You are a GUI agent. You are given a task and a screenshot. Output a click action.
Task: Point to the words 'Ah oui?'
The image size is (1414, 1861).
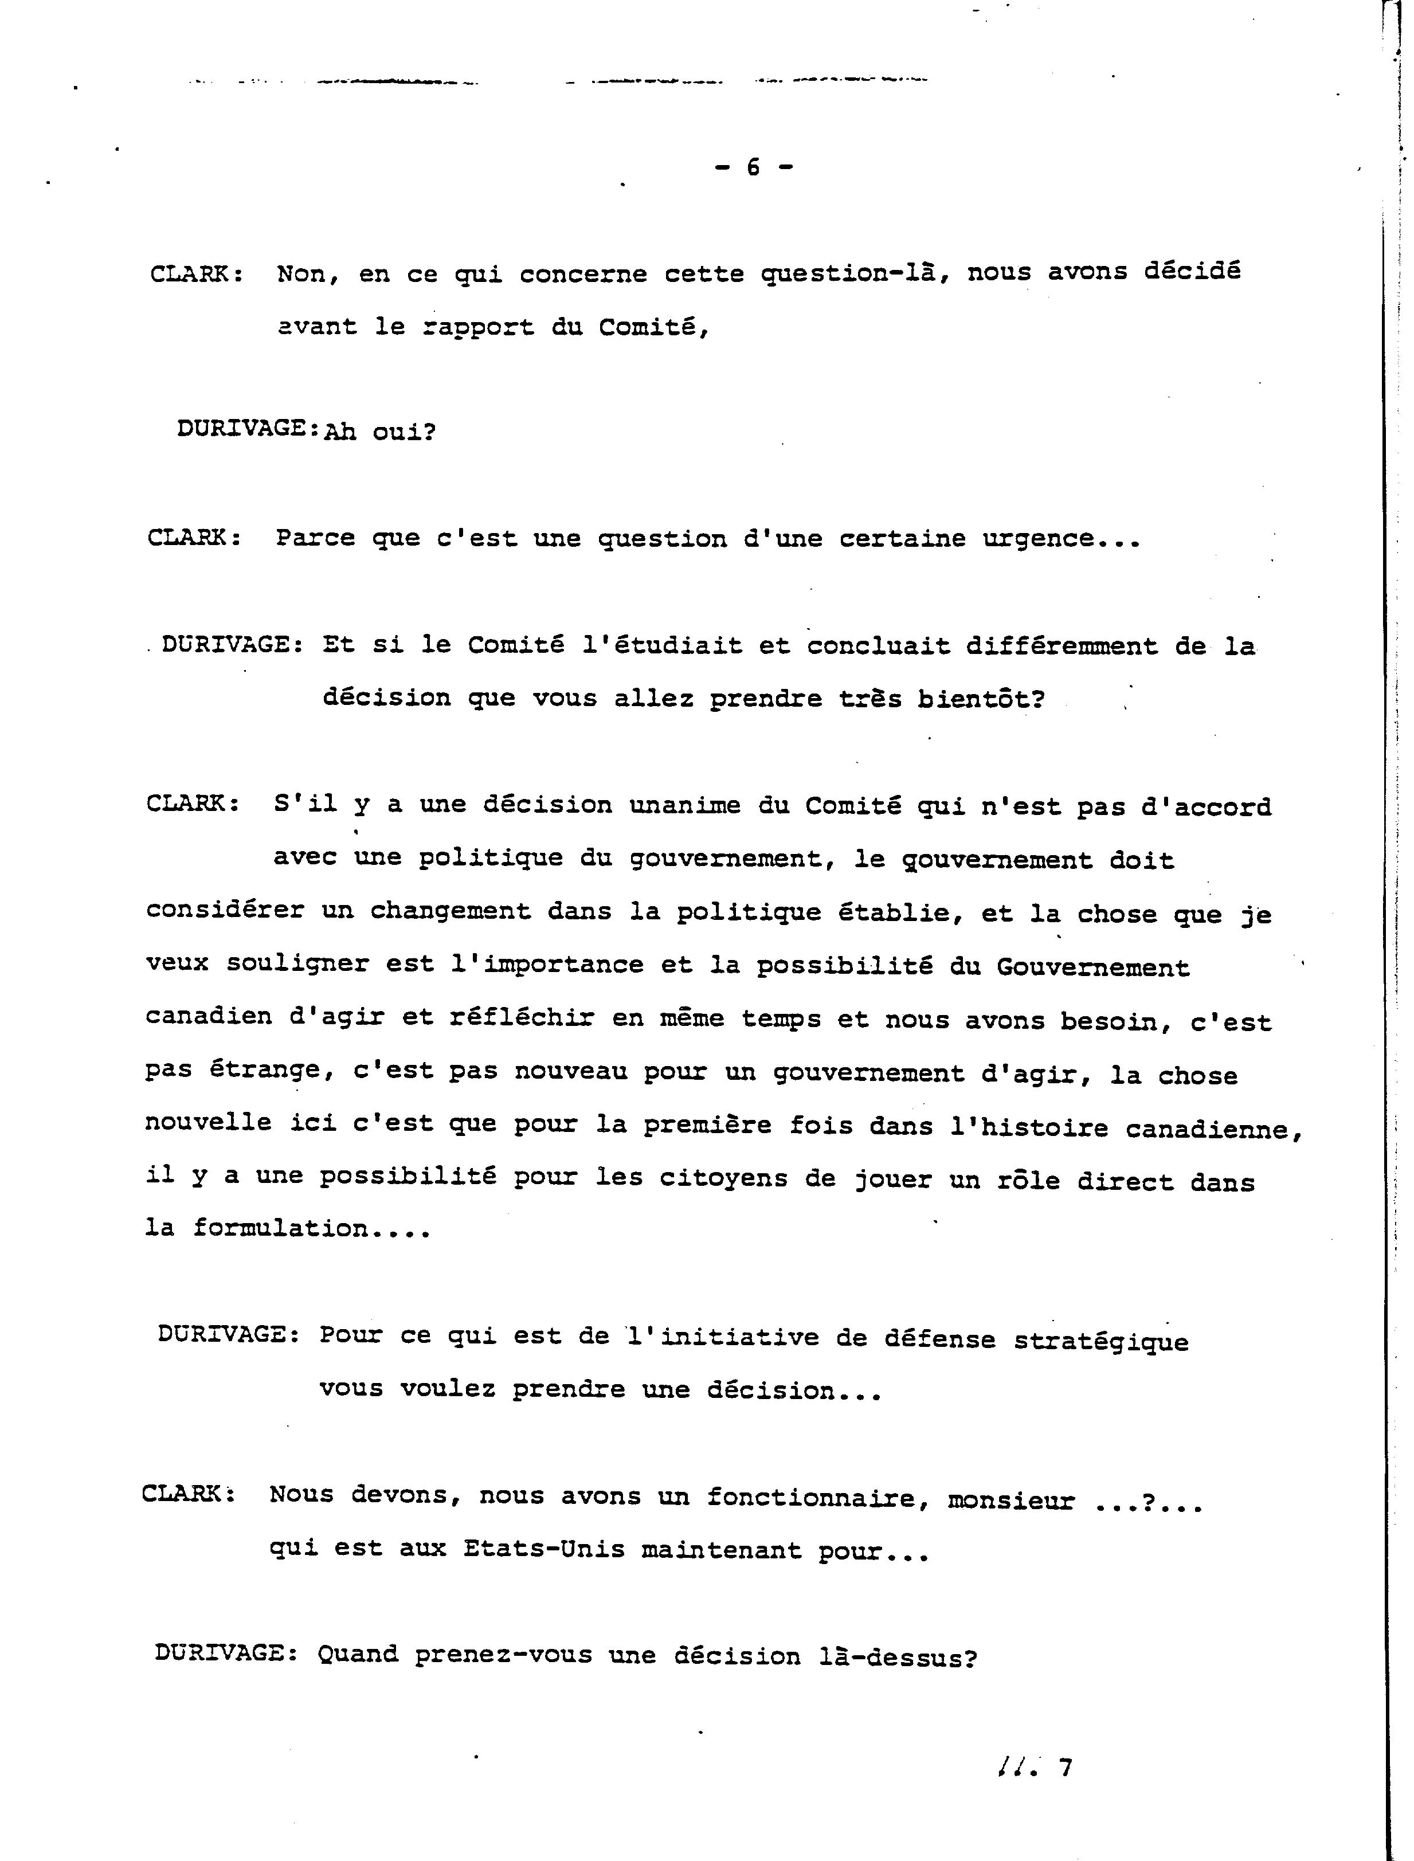pyautogui.click(x=379, y=433)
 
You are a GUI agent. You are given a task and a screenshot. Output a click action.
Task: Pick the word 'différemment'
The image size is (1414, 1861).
pyautogui.click(x=1062, y=647)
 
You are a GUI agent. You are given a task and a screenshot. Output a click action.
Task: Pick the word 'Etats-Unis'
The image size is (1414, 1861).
pyautogui.click(x=544, y=1550)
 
